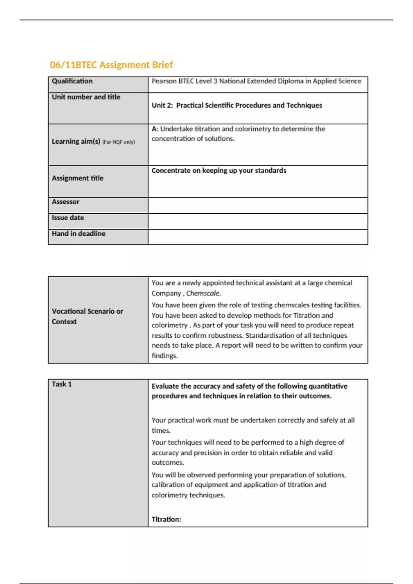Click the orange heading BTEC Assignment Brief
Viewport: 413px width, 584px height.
pyautogui.click(x=111, y=65)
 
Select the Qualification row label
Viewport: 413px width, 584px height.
pyautogui.click(x=72, y=81)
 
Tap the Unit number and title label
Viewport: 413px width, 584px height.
pyautogui.click(x=86, y=97)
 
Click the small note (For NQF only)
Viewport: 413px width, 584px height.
pyautogui.click(x=118, y=142)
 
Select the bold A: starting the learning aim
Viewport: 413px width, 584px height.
pyautogui.click(x=155, y=129)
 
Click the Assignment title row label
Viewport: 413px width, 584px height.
pyautogui.click(x=77, y=178)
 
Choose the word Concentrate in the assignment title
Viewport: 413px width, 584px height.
pyautogui.click(x=171, y=170)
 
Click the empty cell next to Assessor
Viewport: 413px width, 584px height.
pyautogui.click(x=257, y=205)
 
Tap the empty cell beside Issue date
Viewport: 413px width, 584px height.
pyautogui.click(x=257, y=221)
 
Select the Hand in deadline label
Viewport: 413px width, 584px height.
pyautogui.click(x=78, y=234)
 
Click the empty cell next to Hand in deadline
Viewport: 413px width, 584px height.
pyautogui.click(x=257, y=237)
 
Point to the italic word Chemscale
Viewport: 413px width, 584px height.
pyautogui.click(x=203, y=293)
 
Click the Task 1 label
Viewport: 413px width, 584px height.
pyautogui.click(x=62, y=384)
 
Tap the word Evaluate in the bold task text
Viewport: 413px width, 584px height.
pyautogui.click(x=166, y=386)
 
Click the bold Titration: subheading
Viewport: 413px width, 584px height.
pyautogui.click(x=166, y=519)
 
